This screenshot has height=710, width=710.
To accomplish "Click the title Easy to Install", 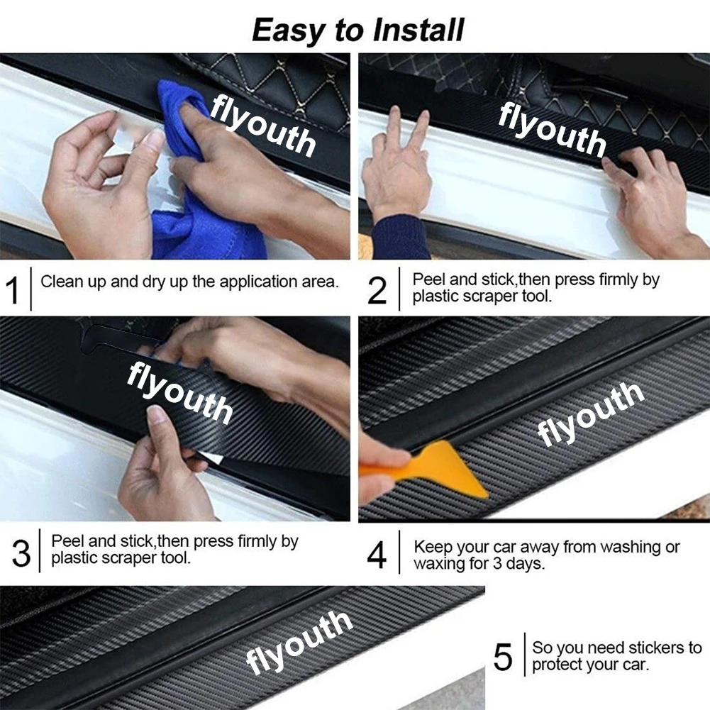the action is click(357, 30).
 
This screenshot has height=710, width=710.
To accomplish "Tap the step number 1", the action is click(13, 290).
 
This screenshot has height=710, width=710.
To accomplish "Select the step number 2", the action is click(377, 290).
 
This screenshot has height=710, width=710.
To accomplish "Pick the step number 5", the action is click(503, 657).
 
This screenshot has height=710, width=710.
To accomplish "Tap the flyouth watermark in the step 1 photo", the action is click(262, 126).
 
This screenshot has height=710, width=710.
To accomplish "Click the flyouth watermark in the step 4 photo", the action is click(590, 413).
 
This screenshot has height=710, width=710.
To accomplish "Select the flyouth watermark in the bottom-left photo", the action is click(299, 642).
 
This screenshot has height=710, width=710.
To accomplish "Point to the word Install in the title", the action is click(418, 30).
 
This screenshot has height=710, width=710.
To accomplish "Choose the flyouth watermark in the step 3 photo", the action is click(179, 393).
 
